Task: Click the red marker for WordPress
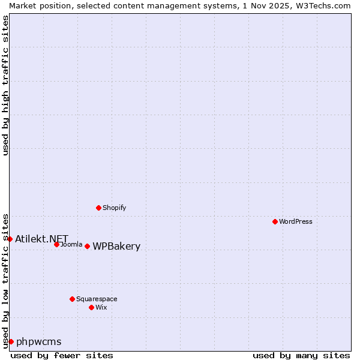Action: (275, 221)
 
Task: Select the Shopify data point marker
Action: (98, 208)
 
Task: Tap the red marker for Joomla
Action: (56, 244)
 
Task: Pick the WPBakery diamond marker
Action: (87, 246)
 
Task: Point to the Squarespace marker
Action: (72, 299)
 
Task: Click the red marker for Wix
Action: (91, 307)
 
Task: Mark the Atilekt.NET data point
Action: (10, 239)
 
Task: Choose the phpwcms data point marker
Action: (11, 341)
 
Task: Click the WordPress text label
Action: (296, 221)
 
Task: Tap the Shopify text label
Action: (115, 208)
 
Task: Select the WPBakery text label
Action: (116, 247)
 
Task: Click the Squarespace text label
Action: (97, 299)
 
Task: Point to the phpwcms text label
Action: (39, 342)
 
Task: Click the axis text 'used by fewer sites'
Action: (62, 355)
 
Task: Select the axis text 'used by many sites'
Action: (301, 355)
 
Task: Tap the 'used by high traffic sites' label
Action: (5, 85)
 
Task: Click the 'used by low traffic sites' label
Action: (5, 280)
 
